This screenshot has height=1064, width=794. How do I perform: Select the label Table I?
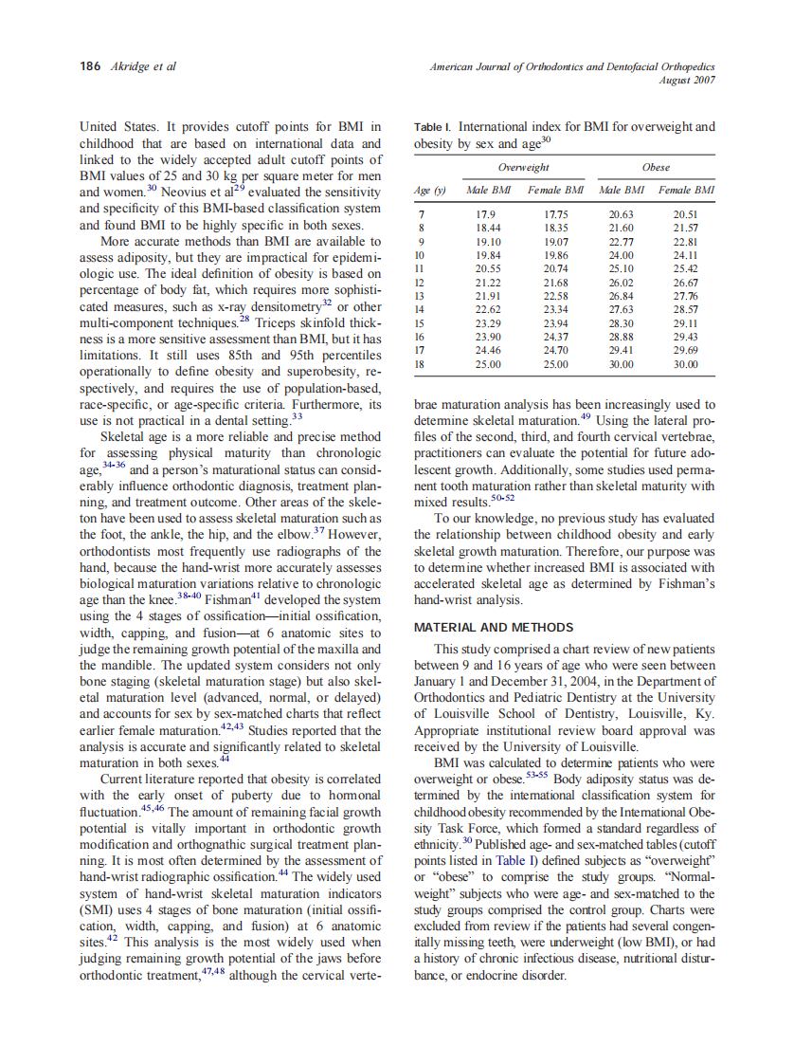(433, 126)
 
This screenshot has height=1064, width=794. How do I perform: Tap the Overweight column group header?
(523, 167)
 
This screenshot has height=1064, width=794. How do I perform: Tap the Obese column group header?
(656, 167)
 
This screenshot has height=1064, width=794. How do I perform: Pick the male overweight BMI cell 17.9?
(485, 215)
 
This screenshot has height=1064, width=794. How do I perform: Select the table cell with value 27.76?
(685, 296)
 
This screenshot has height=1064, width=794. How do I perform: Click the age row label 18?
(422, 363)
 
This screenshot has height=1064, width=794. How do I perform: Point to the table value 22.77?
(620, 242)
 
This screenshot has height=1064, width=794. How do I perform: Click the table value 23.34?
(555, 309)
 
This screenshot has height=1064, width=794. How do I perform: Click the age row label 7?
(420, 215)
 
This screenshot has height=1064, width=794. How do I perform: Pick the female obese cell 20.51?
(685, 215)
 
